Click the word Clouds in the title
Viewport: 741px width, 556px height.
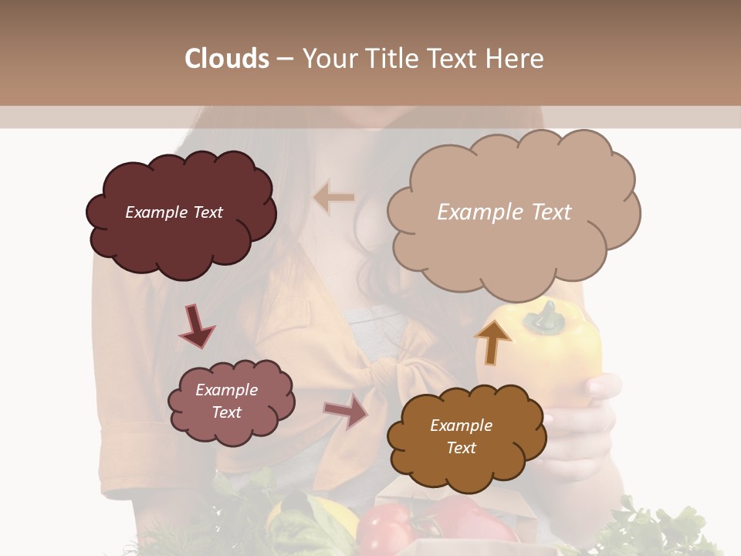[227, 59]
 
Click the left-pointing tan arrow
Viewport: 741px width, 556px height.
[333, 198]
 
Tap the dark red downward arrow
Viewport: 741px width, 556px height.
[196, 326]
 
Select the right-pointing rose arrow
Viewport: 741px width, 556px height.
[346, 411]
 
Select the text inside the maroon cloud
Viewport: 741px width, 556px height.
[174, 212]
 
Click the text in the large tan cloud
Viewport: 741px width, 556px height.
[504, 212]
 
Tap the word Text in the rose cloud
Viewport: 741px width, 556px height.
[227, 412]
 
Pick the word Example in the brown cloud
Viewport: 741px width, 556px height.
[461, 425]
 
